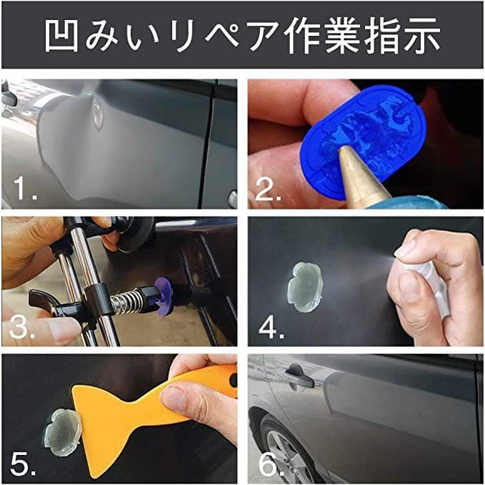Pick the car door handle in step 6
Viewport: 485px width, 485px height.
299,378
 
